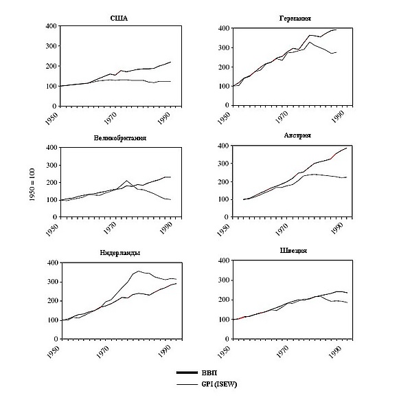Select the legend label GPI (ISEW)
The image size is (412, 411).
tap(225, 384)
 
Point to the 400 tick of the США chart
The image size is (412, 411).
tap(50, 26)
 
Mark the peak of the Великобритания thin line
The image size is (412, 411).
tap(127, 181)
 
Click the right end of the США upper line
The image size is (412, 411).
tap(170, 62)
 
